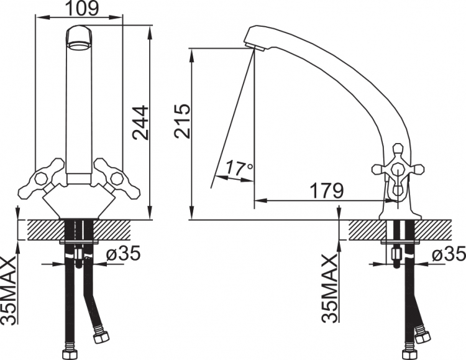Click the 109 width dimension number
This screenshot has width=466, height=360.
(x=81, y=8)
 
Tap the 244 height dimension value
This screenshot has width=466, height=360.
(x=140, y=122)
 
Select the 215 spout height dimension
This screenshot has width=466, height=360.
(x=182, y=121)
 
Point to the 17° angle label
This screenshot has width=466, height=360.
(x=239, y=168)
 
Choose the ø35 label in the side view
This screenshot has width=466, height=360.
(x=449, y=255)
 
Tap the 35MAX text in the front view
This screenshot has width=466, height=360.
(x=8, y=290)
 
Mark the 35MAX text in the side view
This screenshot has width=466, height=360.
(x=330, y=288)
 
